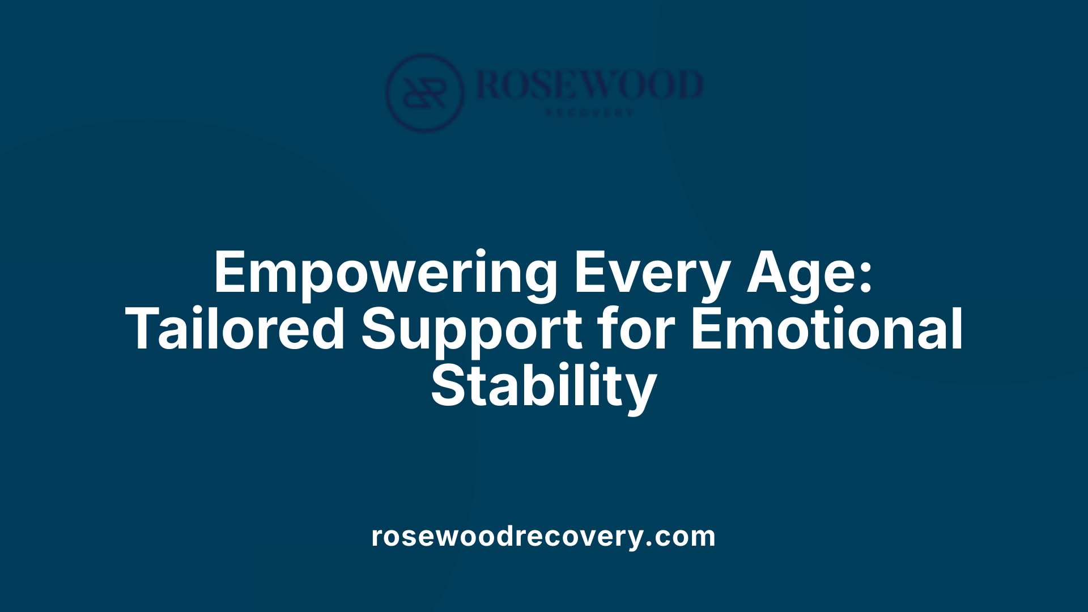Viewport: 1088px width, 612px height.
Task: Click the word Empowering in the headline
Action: click(x=385, y=274)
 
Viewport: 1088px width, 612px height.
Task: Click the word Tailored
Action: click(x=235, y=329)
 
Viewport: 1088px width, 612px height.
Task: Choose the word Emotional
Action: click(x=827, y=329)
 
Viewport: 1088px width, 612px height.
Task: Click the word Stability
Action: click(x=543, y=387)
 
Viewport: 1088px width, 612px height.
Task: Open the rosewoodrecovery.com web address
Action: click(x=543, y=536)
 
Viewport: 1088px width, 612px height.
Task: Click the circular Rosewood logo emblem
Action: click(x=424, y=93)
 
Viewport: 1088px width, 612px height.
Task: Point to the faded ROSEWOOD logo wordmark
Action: click(x=589, y=85)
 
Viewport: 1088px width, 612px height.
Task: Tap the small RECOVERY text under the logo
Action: click(x=589, y=113)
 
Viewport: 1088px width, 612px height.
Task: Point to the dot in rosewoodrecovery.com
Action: click(x=649, y=544)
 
